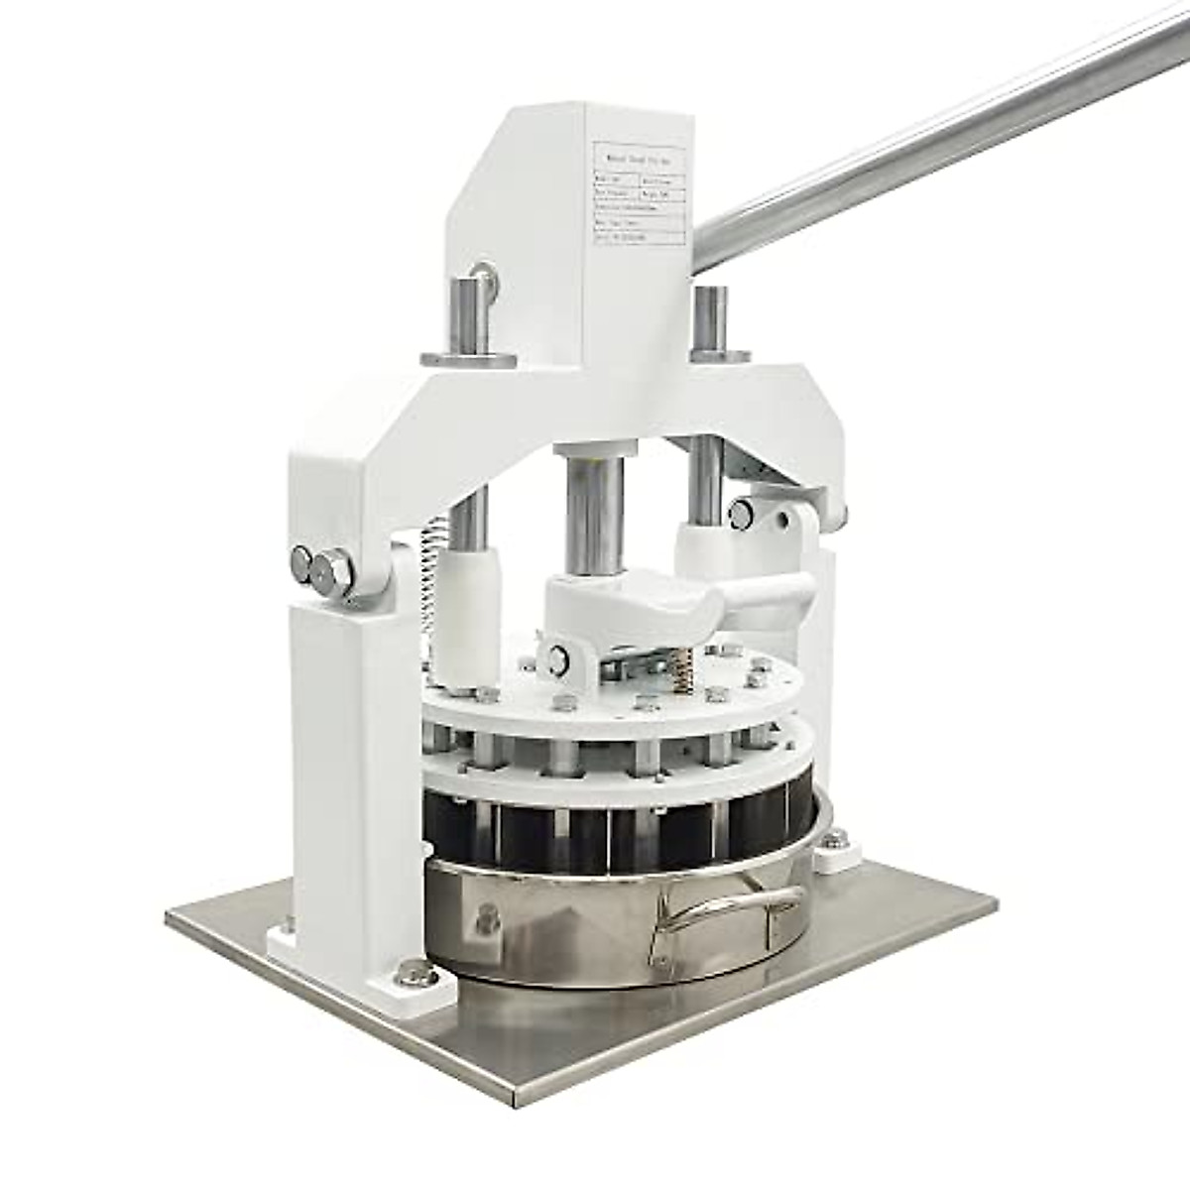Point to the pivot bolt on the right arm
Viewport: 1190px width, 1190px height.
(x=740, y=512)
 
